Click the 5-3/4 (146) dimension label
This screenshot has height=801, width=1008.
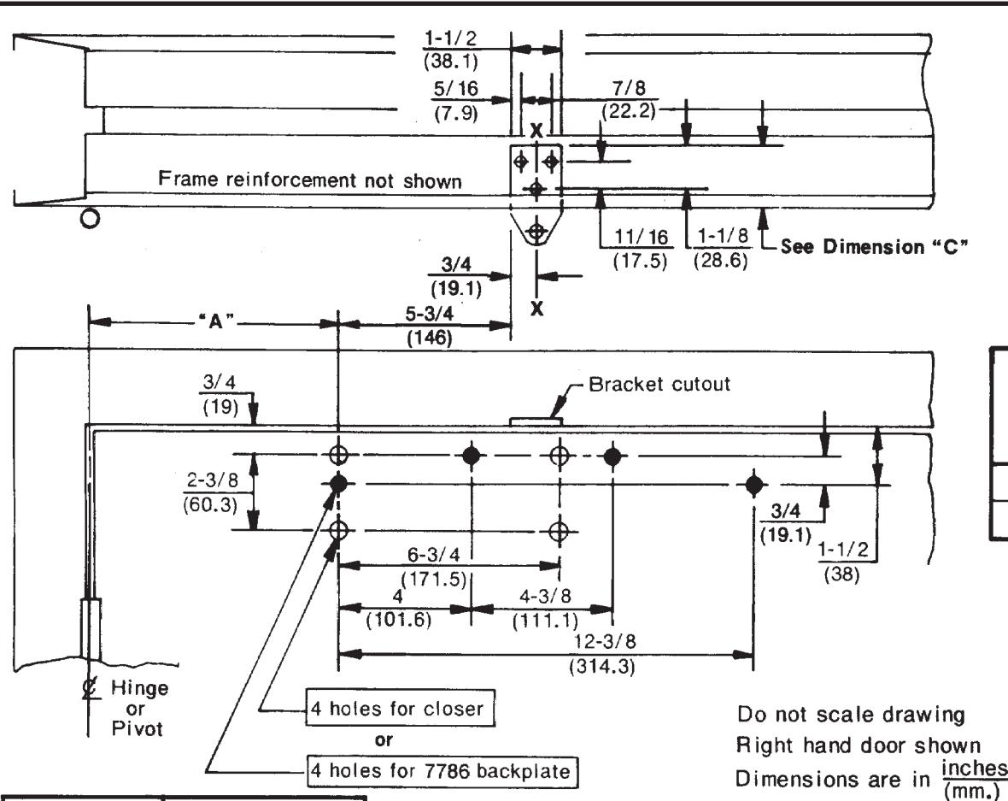point(430,326)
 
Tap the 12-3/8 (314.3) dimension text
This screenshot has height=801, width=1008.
point(602,653)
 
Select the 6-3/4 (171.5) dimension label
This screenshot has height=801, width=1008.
point(434,566)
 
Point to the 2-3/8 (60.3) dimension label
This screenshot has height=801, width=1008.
point(212,492)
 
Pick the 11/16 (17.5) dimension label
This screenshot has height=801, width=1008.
point(641,249)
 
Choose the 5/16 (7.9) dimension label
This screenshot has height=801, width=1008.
point(456,101)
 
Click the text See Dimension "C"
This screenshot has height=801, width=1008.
point(874,246)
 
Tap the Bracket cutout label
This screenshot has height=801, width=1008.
point(659,384)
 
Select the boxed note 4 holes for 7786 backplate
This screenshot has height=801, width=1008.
point(441,770)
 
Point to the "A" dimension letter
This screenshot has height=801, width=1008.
point(215,321)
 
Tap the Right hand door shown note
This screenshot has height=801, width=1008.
point(859,745)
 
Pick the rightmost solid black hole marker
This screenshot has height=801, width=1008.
point(753,484)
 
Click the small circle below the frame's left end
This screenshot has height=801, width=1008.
point(91,219)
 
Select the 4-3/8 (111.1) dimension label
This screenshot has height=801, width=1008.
point(545,608)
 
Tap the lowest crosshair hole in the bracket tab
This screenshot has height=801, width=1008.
point(536,231)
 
